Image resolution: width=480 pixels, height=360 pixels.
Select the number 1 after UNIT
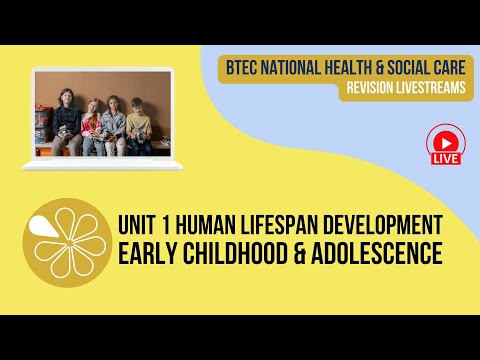(x=174, y=223)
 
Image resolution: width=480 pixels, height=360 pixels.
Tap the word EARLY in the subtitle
(x=151, y=254)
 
